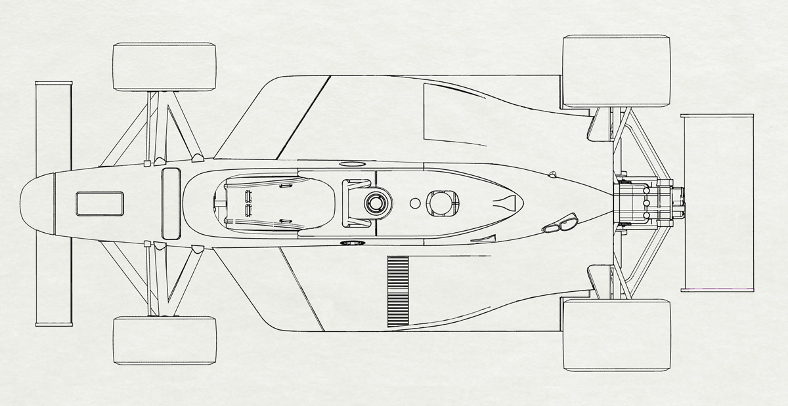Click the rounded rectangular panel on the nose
click(x=100, y=203)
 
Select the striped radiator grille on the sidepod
click(x=398, y=291)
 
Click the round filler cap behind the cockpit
click(x=377, y=203)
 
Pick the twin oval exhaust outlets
click(x=559, y=224)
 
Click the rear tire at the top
click(x=617, y=71)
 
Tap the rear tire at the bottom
click(x=617, y=335)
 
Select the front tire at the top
click(x=164, y=66)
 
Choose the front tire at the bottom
click(x=164, y=340)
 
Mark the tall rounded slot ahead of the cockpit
click(x=171, y=203)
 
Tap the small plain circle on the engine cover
click(x=414, y=203)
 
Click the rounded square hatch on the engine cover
click(x=443, y=202)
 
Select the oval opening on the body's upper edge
click(x=352, y=163)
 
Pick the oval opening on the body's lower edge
click(x=352, y=243)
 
